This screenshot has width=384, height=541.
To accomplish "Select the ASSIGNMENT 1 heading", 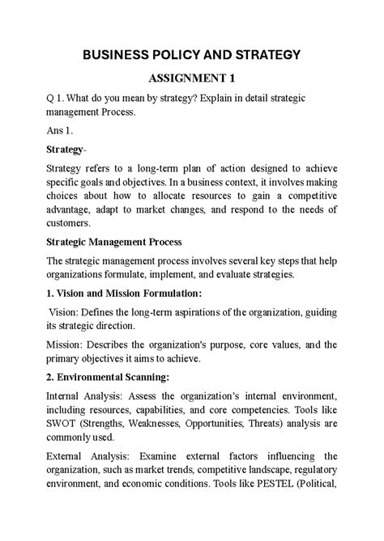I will pyautogui.click(x=191, y=79).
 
